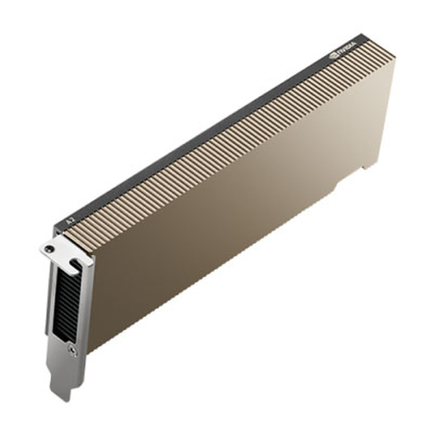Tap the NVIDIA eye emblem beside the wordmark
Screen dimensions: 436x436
[x=334, y=55]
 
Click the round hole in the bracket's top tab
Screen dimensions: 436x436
[x=49, y=249]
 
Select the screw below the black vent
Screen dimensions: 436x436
[x=72, y=350]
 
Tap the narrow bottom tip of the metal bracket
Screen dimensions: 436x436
[x=62, y=393]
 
